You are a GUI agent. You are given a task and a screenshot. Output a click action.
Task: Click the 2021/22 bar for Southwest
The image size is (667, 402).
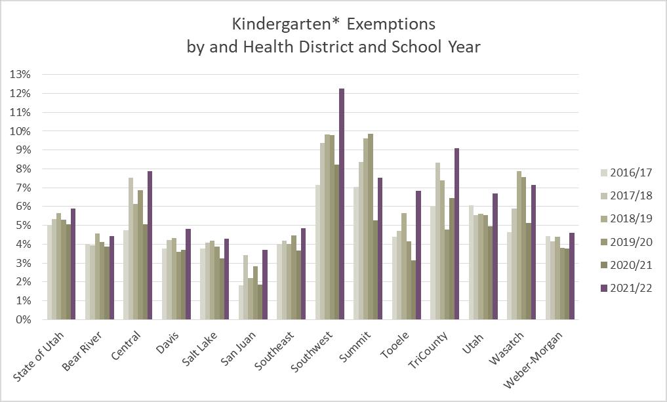(342, 204)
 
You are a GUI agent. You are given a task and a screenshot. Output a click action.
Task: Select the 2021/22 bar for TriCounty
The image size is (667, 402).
(456, 234)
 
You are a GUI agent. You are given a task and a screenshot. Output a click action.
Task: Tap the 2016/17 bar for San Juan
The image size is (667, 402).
(241, 302)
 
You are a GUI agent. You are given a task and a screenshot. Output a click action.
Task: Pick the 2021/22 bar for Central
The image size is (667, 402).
(150, 245)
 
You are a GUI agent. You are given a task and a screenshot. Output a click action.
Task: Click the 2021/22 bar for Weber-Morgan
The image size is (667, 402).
(571, 276)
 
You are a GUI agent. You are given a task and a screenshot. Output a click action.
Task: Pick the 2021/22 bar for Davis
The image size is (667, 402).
(189, 274)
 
